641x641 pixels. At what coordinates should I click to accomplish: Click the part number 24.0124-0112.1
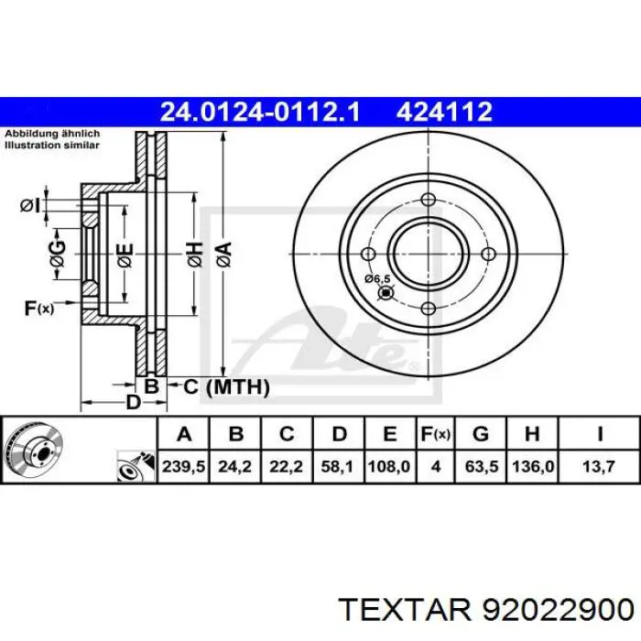[x=260, y=112]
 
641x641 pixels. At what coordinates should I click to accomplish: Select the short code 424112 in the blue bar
[x=444, y=112]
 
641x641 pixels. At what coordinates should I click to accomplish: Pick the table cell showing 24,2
[x=235, y=466]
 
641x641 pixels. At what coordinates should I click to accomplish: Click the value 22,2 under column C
[x=287, y=466]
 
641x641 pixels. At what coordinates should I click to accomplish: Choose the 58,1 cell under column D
[x=338, y=466]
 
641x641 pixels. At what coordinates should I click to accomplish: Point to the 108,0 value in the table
[x=389, y=466]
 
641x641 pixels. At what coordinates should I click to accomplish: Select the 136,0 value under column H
[x=537, y=466]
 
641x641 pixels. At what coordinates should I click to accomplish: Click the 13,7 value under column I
[x=599, y=466]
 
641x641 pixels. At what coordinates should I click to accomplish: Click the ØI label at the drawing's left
[x=30, y=204]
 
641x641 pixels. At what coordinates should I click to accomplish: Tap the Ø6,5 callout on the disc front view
[x=376, y=278]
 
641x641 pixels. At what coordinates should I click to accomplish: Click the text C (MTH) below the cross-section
[x=220, y=387]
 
